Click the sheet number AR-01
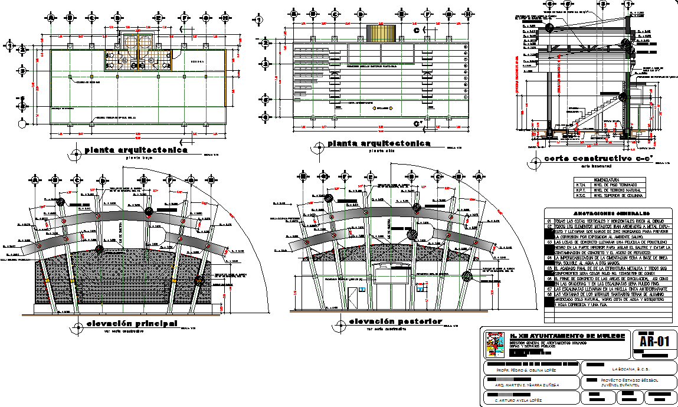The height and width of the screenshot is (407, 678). pos(653,341)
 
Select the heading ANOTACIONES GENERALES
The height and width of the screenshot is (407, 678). pos(608,213)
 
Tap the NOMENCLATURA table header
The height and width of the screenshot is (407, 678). pos(610,179)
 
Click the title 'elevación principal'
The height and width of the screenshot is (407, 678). pos(132,323)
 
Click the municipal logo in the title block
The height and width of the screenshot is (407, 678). pos(493,344)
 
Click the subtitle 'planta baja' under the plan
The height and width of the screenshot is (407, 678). pos(136,157)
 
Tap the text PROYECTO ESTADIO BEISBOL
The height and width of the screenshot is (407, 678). pos(627,380)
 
